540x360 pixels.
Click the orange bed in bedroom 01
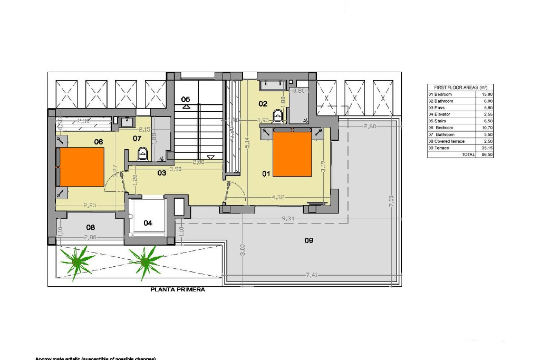[x=292, y=154]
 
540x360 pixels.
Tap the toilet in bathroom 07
[x=143, y=154]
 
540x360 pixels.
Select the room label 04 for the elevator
[x=148, y=223]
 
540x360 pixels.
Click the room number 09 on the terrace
[x=309, y=240]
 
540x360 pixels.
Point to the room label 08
[x=91, y=227]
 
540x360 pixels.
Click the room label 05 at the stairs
[x=186, y=99]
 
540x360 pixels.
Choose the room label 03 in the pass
[x=162, y=173]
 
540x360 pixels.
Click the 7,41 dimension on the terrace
[x=311, y=275]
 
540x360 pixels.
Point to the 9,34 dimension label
[x=288, y=218]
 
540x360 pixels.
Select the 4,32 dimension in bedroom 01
[x=278, y=197]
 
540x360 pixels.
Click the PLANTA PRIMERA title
[x=178, y=289]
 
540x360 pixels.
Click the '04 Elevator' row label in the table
[x=439, y=114]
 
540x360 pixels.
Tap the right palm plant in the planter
[x=144, y=260]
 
